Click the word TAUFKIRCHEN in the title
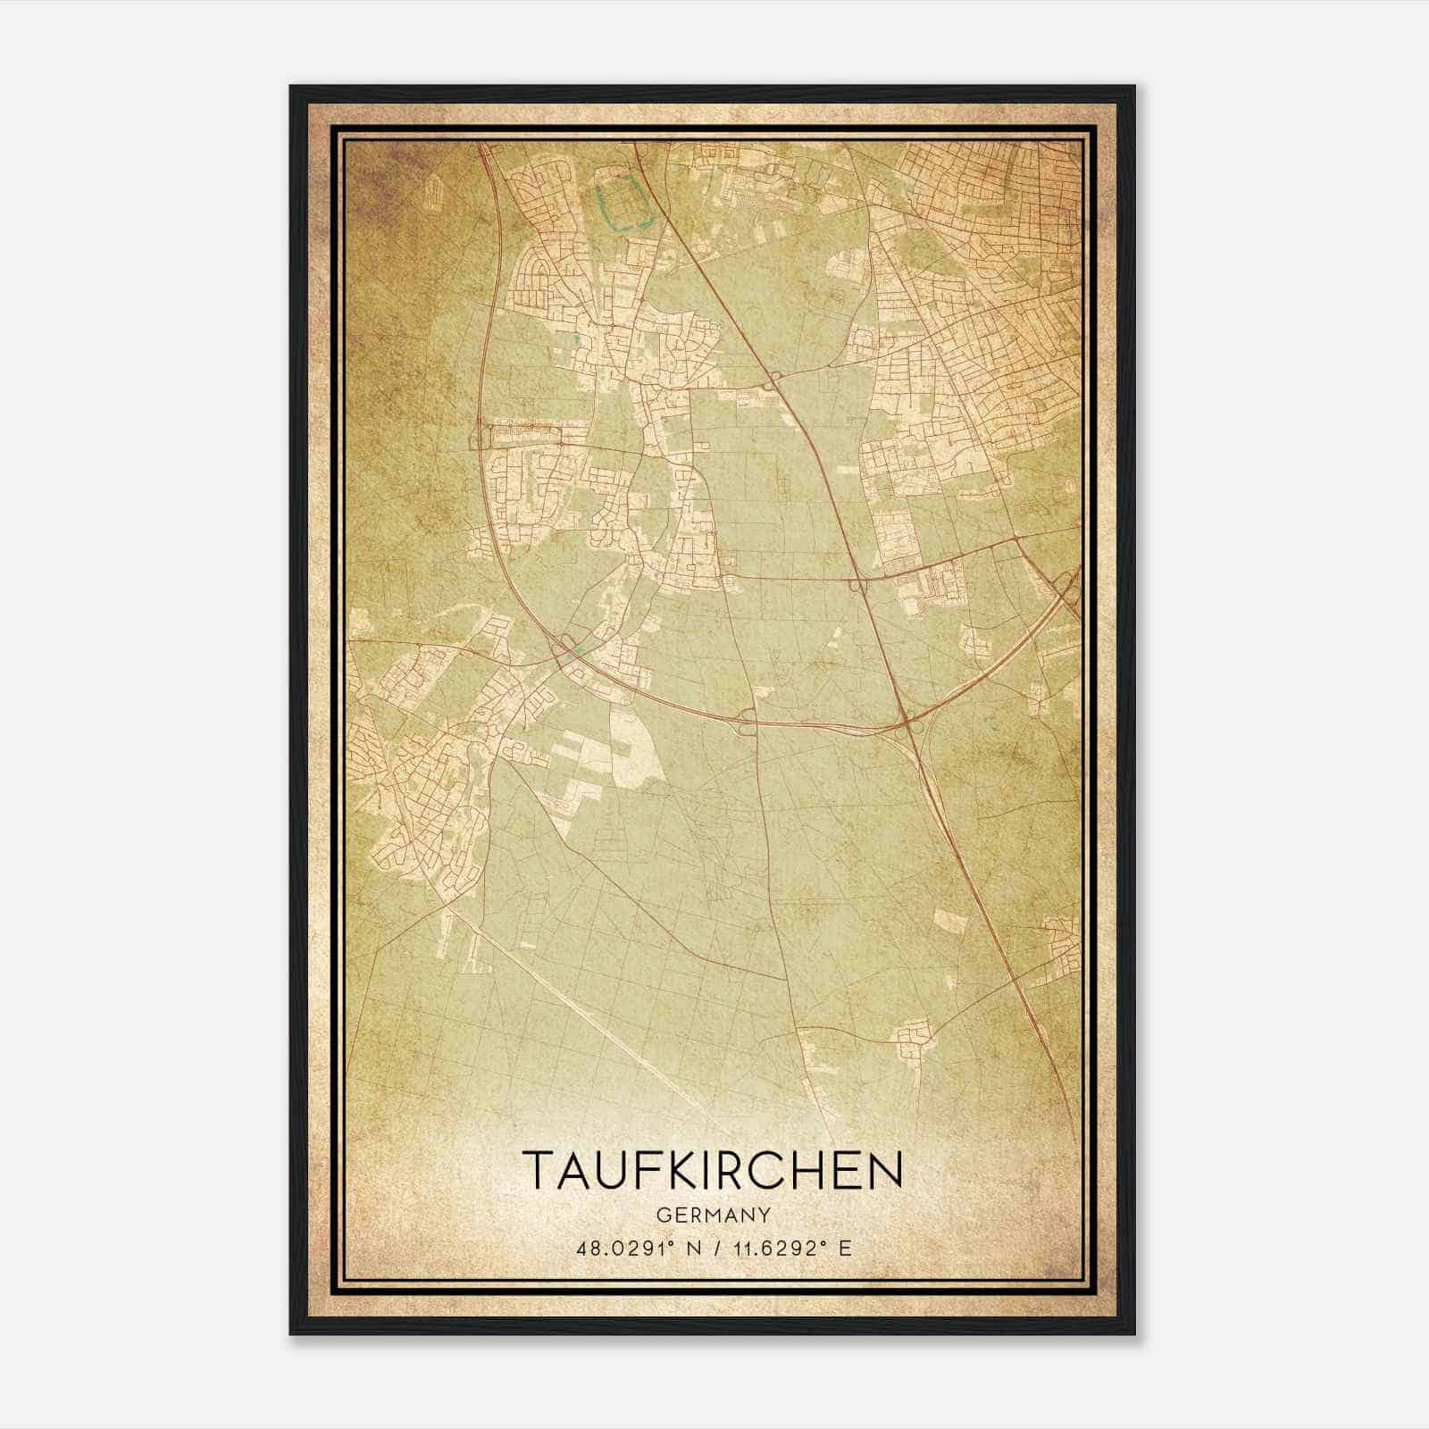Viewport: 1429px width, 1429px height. tap(712, 1170)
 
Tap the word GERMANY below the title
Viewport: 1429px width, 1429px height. tap(713, 1216)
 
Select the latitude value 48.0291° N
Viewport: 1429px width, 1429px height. tap(635, 1248)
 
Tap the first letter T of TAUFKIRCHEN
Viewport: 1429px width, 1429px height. tap(540, 1170)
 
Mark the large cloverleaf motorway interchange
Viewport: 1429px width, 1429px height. tap(911, 728)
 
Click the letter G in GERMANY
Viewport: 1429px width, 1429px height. tap(662, 1216)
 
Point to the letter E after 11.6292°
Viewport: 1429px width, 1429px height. tap(846, 1248)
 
